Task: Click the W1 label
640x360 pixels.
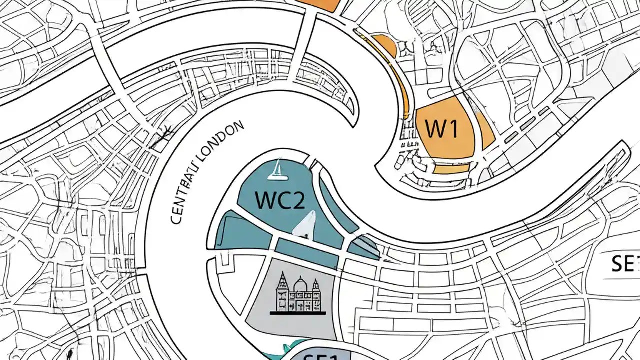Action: [441, 129]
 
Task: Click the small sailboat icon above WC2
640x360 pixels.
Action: [276, 170]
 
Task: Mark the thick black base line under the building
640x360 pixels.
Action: [297, 313]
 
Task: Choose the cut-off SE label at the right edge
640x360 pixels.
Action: [625, 264]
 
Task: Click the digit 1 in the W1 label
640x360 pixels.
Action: [452, 129]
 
